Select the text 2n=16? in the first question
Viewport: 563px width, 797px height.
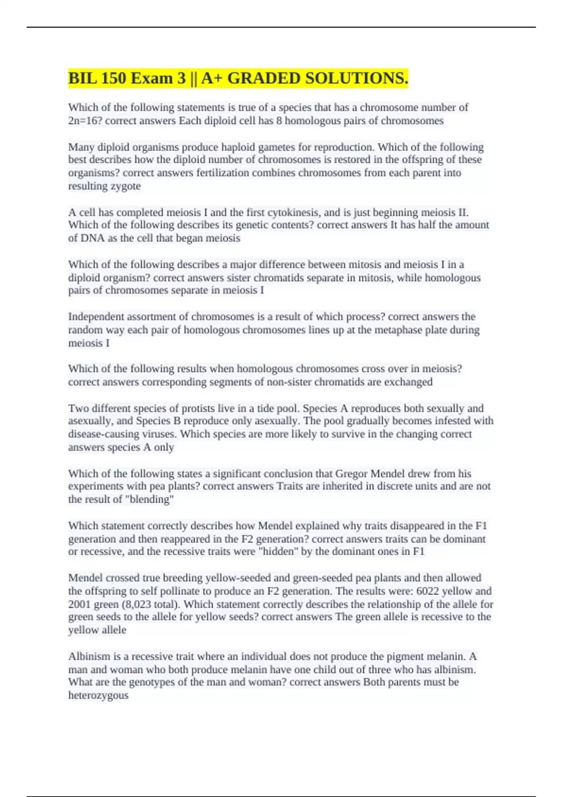pyautogui.click(x=85, y=121)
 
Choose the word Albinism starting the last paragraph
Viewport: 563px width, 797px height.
pyautogui.click(x=88, y=656)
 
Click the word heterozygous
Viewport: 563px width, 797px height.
pyautogui.click(x=98, y=695)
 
